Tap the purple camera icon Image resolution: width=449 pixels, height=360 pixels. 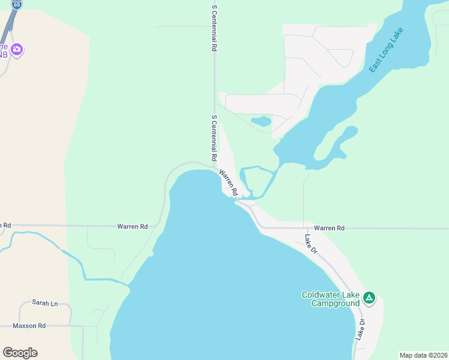tap(17, 49)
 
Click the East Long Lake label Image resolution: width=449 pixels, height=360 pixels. tap(387, 50)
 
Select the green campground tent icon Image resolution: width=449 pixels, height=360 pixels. tap(369, 297)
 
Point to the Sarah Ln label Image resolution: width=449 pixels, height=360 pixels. tap(45, 303)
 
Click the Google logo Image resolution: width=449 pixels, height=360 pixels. tap(20, 353)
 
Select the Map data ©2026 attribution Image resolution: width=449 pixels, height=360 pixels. tap(423, 355)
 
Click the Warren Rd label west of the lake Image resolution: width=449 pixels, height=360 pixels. tap(132, 227)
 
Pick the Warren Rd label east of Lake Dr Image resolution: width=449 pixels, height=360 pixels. tap(329, 228)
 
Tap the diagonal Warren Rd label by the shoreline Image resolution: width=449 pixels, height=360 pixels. tap(229, 183)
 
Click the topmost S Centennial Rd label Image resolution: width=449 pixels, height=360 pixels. tap(214, 29)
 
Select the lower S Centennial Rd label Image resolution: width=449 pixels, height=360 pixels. tap(214, 138)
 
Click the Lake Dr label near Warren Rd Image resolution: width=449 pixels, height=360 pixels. tap(310, 244)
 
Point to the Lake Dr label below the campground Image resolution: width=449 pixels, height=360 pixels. tap(361, 330)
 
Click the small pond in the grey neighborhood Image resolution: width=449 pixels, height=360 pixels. tap(261, 121)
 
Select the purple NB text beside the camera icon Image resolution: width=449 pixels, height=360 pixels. tap(5, 55)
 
